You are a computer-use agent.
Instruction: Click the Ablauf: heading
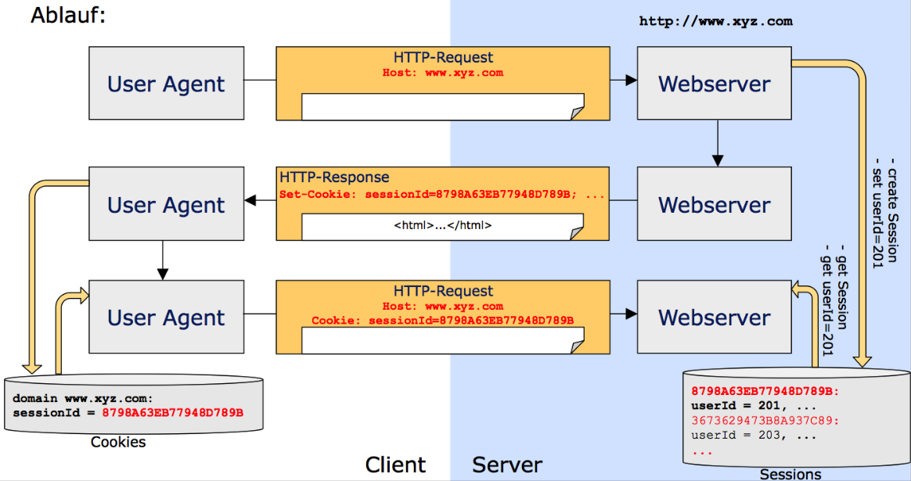point(67,15)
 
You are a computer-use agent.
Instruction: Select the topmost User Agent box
point(166,84)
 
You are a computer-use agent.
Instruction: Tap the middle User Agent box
point(166,205)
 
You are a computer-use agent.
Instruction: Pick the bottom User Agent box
point(166,318)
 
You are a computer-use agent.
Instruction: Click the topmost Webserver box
point(714,84)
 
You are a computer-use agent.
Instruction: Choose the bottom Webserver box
point(714,318)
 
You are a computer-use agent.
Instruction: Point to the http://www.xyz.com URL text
point(715,22)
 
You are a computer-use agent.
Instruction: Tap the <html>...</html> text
point(442,225)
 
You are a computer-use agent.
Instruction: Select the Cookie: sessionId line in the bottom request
point(442,321)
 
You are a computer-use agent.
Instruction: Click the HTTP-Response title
point(334,178)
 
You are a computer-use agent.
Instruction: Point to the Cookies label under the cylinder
point(118,443)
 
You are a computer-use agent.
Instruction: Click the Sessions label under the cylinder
point(790,474)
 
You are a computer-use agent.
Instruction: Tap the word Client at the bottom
point(395,465)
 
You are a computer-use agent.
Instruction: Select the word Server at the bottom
point(506,465)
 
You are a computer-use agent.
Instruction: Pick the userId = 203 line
point(747,436)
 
